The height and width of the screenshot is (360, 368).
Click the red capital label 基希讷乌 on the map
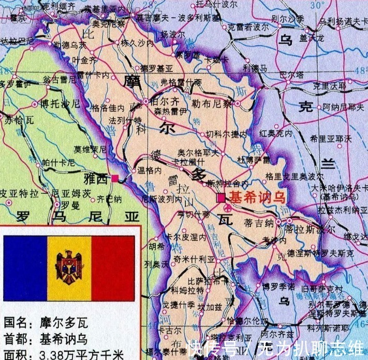coord(257,197)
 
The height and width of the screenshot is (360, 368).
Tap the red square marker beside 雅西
coord(115,178)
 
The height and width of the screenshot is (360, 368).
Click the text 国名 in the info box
coord(16,324)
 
